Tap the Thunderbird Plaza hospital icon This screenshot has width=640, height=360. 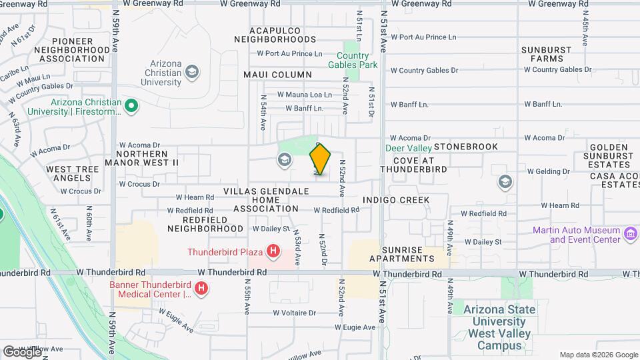273,251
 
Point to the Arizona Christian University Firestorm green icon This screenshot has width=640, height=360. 132,105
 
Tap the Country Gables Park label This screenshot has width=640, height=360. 352,60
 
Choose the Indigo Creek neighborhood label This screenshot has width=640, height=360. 396,200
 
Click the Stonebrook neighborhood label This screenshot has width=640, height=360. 465,146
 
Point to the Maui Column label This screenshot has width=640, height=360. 277,75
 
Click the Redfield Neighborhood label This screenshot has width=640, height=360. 205,223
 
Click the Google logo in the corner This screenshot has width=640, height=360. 22,351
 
